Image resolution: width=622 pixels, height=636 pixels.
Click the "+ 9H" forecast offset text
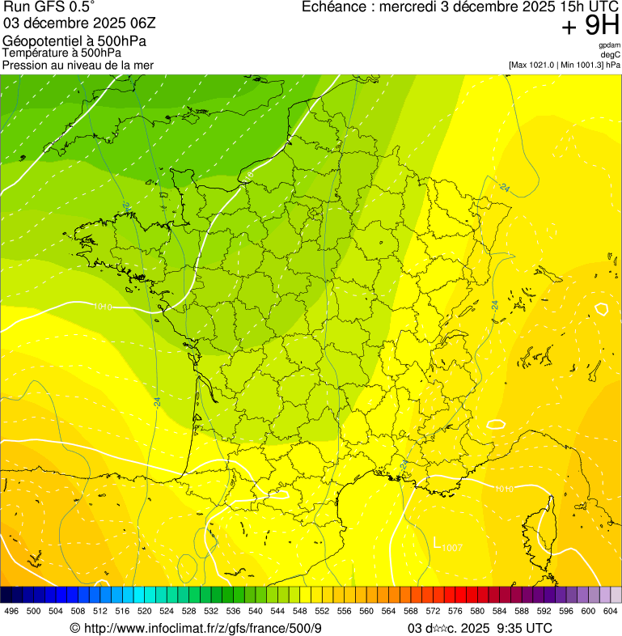click(590, 26)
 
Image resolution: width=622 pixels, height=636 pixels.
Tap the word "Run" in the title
click(17, 6)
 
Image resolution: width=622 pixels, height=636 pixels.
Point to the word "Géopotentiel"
click(41, 41)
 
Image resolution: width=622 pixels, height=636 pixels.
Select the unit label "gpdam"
click(609, 45)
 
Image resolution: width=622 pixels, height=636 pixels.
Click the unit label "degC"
click(611, 54)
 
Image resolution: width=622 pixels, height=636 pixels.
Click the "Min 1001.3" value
click(580, 64)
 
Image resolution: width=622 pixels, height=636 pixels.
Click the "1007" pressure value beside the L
click(452, 548)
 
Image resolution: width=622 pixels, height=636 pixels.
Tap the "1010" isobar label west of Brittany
click(103, 307)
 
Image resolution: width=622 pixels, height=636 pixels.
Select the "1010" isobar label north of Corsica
click(503, 489)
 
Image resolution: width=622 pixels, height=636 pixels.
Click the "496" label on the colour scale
click(11, 610)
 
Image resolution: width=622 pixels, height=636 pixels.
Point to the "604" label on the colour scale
click(611, 610)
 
